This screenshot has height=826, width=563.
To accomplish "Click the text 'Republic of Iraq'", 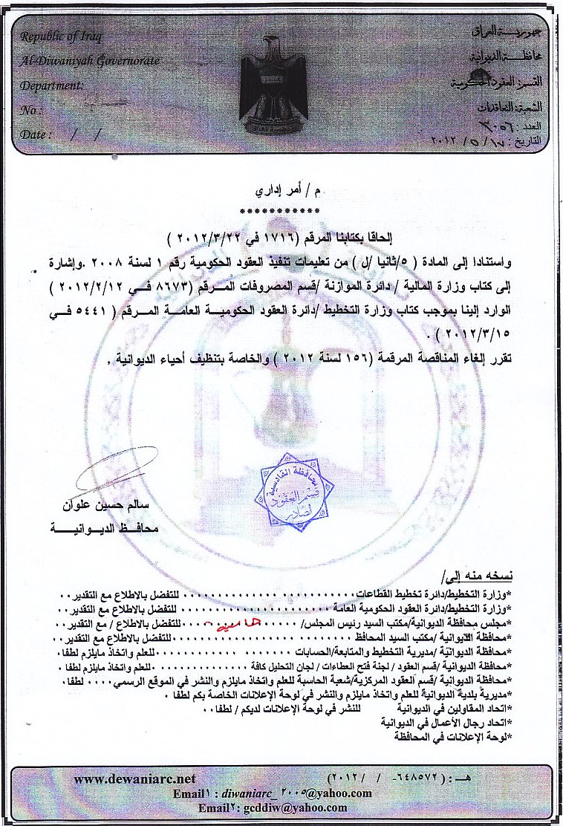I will (x=61, y=37).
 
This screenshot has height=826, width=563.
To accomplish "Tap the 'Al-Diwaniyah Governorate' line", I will (x=89, y=60).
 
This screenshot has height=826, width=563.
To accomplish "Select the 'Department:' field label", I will (x=52, y=85).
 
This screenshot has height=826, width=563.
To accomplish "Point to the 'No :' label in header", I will (x=30, y=109).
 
